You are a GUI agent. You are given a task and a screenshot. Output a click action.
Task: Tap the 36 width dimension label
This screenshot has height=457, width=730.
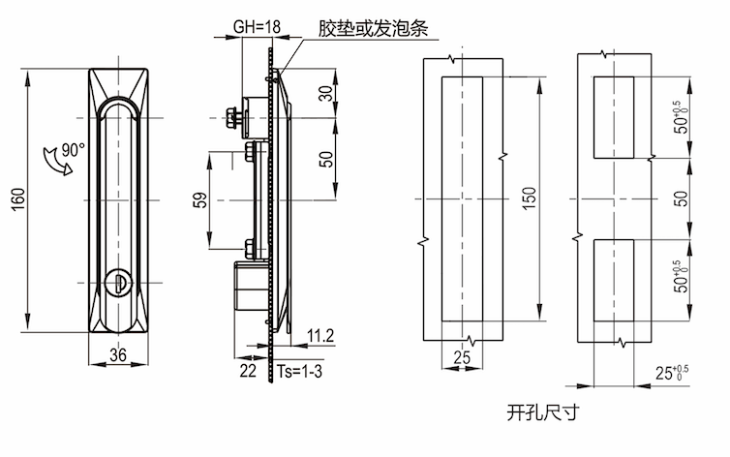118,354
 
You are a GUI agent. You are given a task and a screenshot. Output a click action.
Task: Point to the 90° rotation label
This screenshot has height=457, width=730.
73,150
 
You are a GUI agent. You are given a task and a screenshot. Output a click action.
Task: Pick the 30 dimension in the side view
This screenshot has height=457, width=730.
325,93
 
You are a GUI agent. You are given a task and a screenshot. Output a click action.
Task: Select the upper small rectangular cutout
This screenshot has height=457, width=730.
612,118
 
